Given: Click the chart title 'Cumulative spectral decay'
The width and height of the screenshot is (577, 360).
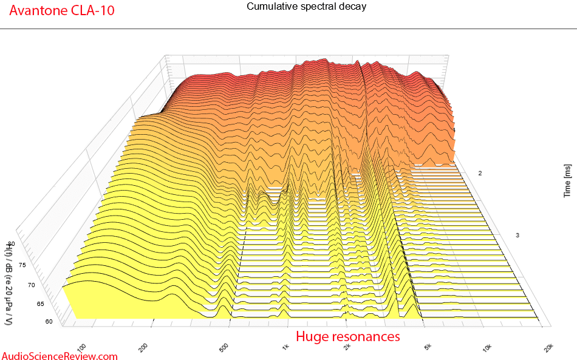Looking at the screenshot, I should click(x=306, y=7).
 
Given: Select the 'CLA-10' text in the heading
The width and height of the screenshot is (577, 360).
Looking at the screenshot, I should click(x=95, y=11).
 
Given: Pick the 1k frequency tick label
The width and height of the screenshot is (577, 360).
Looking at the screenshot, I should click(x=285, y=347).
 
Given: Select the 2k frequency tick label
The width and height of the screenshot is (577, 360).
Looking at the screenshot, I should click(x=347, y=347).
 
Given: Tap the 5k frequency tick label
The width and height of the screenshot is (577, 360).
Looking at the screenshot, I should click(x=428, y=347).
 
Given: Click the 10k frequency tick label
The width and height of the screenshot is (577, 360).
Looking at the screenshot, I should click(x=487, y=347).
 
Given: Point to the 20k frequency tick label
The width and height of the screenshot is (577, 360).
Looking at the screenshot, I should click(x=548, y=347).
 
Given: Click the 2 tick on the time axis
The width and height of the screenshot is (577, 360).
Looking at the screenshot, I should click(x=480, y=174).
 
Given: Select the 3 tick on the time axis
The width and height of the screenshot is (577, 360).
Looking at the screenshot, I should click(x=517, y=235).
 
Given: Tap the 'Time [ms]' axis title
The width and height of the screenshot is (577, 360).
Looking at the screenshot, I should click(x=567, y=179).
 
